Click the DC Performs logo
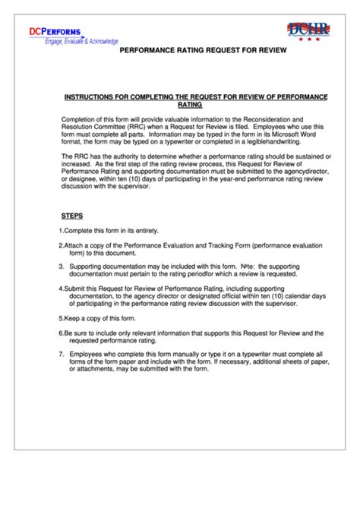[55, 31]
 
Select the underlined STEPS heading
[72, 215]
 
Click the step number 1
[60, 231]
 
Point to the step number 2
[60, 246]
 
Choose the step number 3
[61, 267]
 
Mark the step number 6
[60, 332]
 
